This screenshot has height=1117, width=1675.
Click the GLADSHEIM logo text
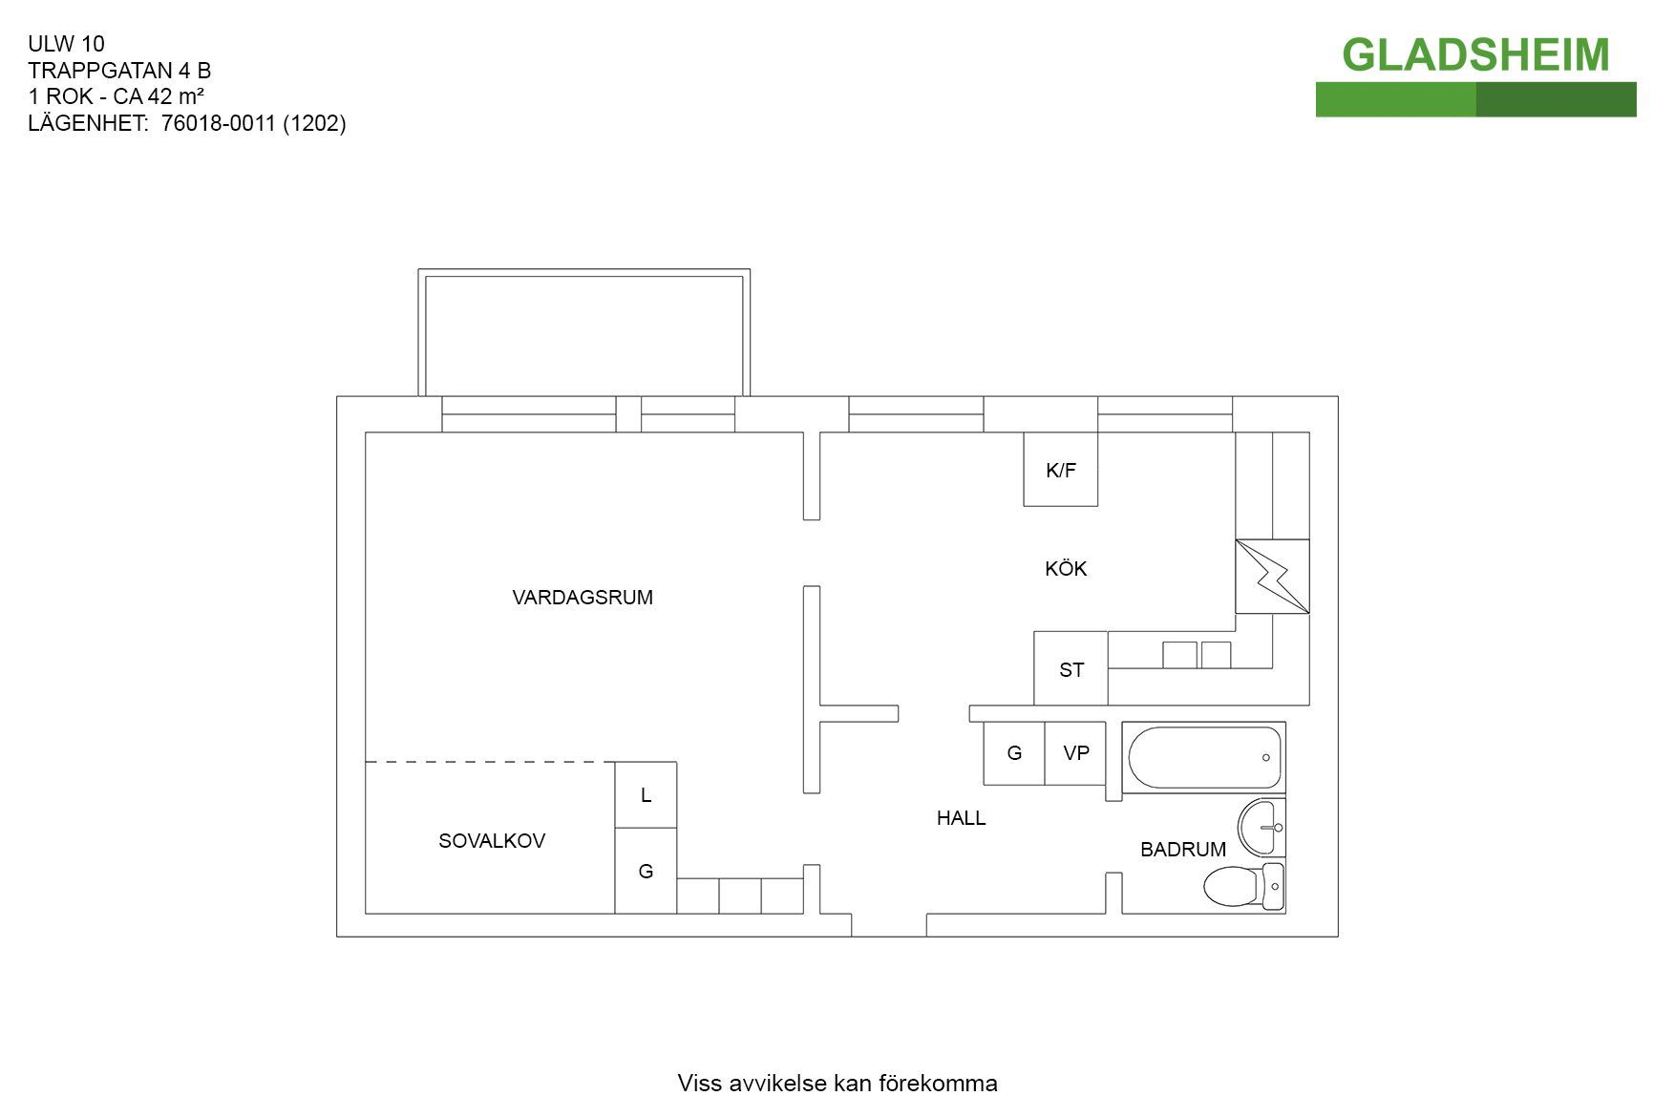tap(1475, 55)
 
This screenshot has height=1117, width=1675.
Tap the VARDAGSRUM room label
tap(583, 598)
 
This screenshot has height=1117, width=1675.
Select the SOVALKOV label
tap(492, 841)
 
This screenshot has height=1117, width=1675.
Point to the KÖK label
tap(1066, 568)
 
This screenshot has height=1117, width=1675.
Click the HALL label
tap(961, 818)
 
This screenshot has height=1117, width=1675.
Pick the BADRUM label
tap(1183, 850)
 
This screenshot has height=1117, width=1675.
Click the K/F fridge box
tap(1061, 470)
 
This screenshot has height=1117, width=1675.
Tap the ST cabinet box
tap(1071, 668)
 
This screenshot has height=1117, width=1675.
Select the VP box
tap(1075, 753)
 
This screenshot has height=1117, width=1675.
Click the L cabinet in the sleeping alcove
tap(646, 795)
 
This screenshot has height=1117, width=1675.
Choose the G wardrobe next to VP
tap(1014, 753)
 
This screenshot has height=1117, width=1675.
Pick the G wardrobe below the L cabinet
tap(646, 871)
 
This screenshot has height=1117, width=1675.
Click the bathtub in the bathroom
tap(1204, 757)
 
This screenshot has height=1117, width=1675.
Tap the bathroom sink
tap(1262, 827)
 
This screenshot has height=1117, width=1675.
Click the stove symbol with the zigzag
tap(1272, 576)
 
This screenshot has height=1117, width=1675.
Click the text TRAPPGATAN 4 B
tap(119, 71)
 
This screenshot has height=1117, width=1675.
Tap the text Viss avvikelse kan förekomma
tap(837, 1084)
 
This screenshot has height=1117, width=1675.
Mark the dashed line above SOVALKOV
tap(490, 762)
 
